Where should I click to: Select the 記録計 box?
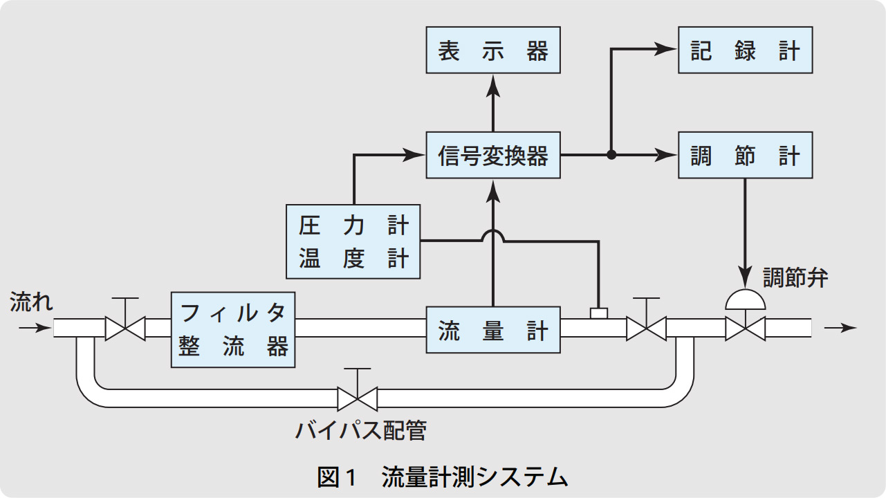click(745, 51)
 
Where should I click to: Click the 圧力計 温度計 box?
click(353, 242)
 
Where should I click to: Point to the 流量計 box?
click(492, 331)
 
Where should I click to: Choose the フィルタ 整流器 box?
click(233, 331)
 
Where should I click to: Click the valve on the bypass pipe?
click(357, 398)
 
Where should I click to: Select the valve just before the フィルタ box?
click(124, 328)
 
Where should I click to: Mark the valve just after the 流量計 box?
click(646, 328)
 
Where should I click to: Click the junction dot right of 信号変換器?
click(611, 155)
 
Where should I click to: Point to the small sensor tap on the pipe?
click(598, 313)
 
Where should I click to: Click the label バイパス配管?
click(360, 430)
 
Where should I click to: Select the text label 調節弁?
click(795, 278)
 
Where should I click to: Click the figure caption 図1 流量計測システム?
click(443, 477)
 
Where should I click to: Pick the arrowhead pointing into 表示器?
click(493, 84)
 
